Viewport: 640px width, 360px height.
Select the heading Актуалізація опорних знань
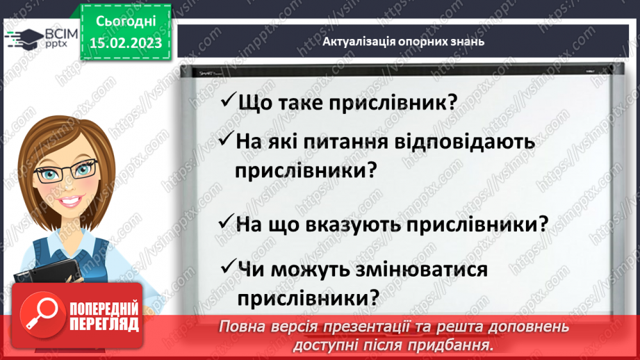tap(404, 41)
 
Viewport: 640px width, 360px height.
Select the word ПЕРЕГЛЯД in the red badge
tap(104, 324)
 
